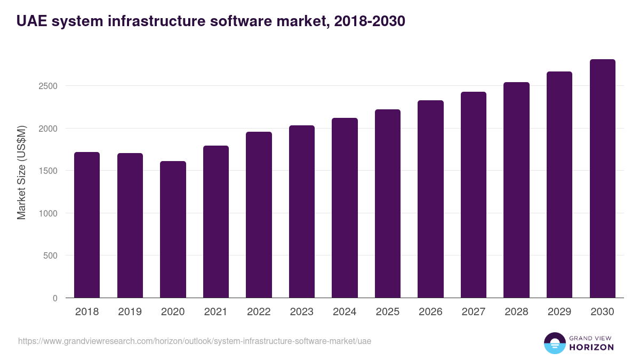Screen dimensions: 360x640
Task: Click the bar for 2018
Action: tap(87, 225)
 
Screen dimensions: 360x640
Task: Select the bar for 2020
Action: tap(173, 229)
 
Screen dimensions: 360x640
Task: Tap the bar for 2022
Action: tap(259, 215)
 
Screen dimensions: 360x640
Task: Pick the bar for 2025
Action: tap(388, 204)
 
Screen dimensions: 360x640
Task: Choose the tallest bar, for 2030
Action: tap(602, 179)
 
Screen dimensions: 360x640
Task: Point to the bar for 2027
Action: tap(474, 195)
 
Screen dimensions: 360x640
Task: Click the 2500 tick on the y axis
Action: tap(48, 86)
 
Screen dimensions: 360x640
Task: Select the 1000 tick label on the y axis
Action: tap(48, 213)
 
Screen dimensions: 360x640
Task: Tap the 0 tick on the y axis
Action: tap(54, 298)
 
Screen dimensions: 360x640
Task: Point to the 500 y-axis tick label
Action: tap(50, 255)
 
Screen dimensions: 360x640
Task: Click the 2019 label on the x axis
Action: tap(130, 312)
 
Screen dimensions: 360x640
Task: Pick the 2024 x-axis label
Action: tap(345, 312)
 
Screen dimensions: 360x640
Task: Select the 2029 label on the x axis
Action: tap(559, 312)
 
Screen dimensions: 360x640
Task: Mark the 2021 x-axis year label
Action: tap(215, 312)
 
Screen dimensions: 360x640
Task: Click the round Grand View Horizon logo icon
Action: tap(554, 343)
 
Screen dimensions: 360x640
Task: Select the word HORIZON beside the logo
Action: tap(591, 347)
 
